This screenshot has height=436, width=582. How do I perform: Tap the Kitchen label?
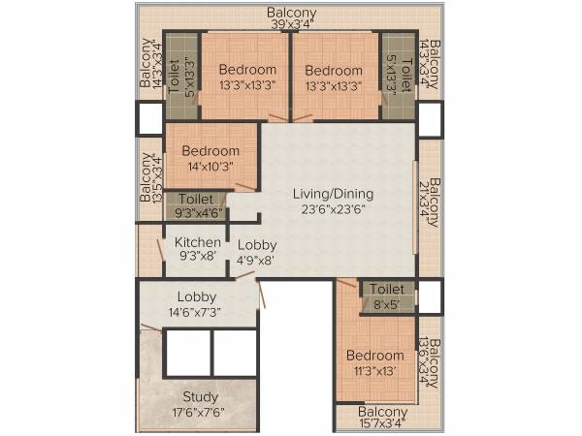197,242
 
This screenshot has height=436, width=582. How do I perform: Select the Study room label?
200,396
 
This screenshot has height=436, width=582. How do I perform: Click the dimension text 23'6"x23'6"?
333,210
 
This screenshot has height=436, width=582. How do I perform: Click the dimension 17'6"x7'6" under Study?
200,412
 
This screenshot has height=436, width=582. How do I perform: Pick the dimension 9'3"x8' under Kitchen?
197,258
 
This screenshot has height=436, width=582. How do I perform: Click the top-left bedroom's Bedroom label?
247,69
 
